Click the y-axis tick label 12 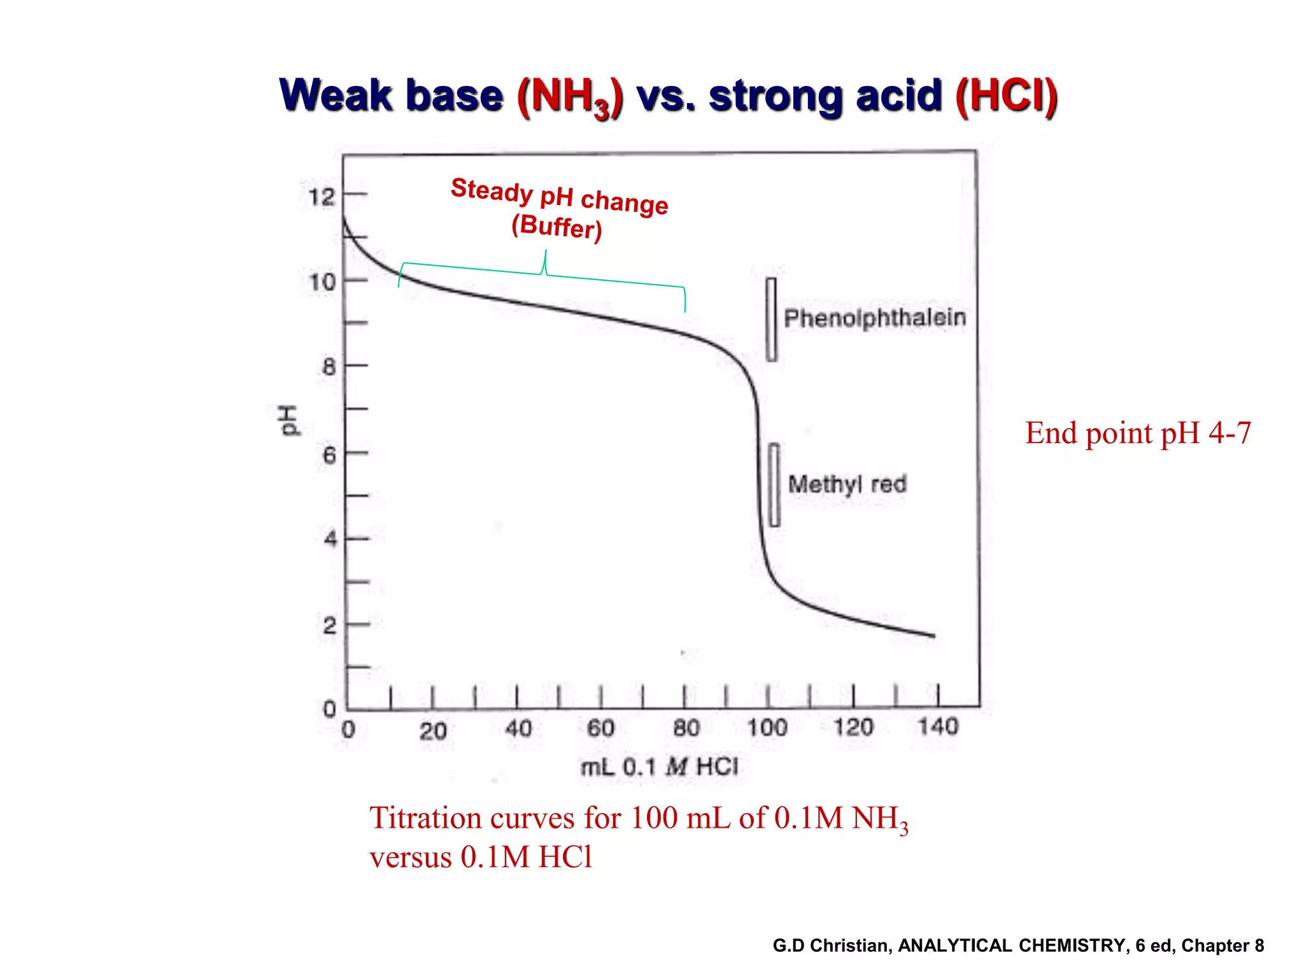coord(322,197)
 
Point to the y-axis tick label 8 coord(329,367)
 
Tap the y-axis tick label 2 coord(329,626)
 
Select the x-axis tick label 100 coord(767,727)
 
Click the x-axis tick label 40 coord(518,728)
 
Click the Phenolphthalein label coord(875,318)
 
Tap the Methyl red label coord(847,484)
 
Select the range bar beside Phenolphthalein coord(771,320)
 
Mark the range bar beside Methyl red coord(774,485)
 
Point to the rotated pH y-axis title coord(288,420)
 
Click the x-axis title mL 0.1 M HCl coord(659,767)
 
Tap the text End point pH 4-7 coord(1138,433)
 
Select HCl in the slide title coord(1007,96)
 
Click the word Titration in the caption coord(424,818)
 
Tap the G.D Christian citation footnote coord(1018,946)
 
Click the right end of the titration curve coord(933,635)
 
